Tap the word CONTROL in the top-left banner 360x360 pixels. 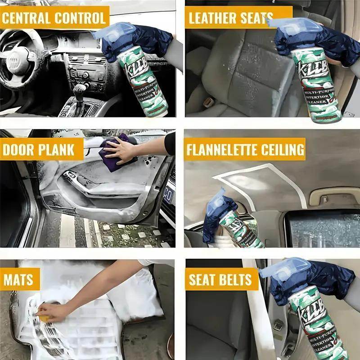(80, 18)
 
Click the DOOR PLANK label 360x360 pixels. (38, 149)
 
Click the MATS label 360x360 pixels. (19, 280)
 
